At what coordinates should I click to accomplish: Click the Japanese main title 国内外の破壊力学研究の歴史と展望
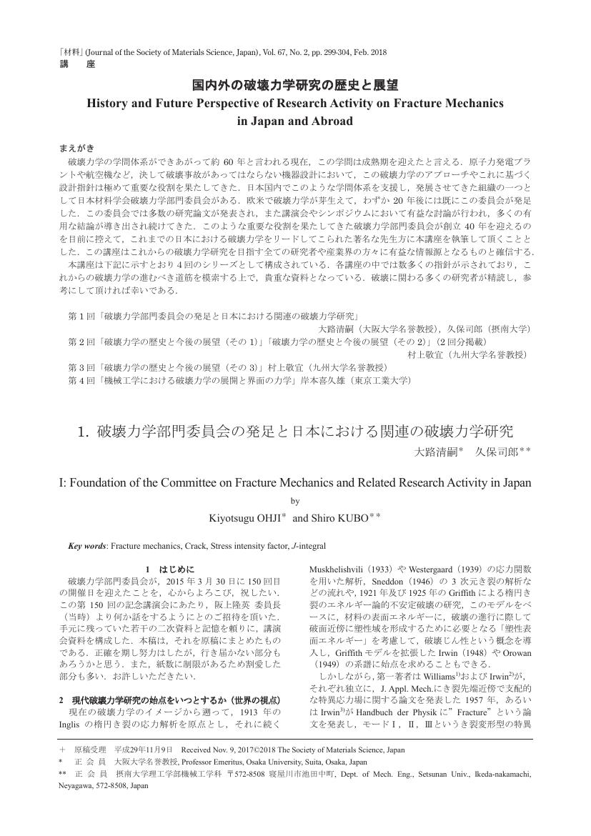pos(295,86)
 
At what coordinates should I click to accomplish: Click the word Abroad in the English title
pos(329,121)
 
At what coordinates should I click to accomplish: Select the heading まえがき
pos(76,148)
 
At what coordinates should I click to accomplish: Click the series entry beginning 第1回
pos(213,315)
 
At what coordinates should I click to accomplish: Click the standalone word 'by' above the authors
pos(295,501)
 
